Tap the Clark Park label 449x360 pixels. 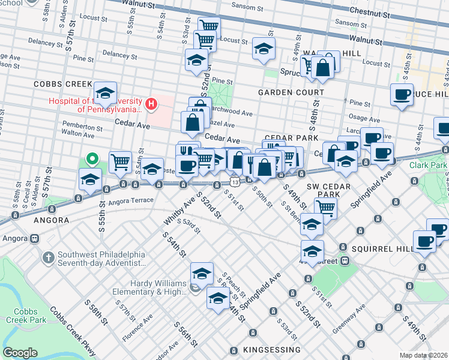429,165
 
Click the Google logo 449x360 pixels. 20,353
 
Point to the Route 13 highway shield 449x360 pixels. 234,182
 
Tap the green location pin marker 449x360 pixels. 91,159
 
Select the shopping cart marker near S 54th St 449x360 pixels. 121,161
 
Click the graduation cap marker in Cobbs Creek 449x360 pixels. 104,92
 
